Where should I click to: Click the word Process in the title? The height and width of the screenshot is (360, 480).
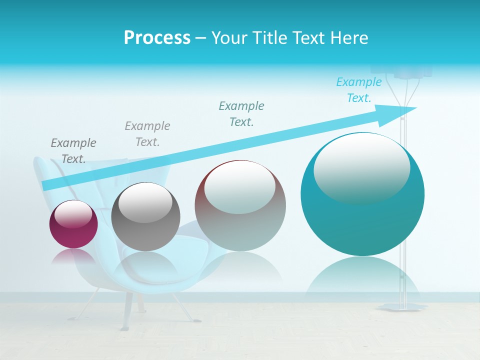[x=157, y=38]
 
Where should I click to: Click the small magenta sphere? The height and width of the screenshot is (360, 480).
[x=73, y=224]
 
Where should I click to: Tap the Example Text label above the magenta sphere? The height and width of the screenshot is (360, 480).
[x=73, y=151]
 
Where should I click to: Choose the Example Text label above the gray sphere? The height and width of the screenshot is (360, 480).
[x=147, y=133]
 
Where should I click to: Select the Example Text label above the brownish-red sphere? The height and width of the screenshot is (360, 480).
[x=241, y=113]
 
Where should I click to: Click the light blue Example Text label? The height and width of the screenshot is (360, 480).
[x=358, y=90]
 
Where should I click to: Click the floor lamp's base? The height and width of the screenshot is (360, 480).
[x=402, y=306]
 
